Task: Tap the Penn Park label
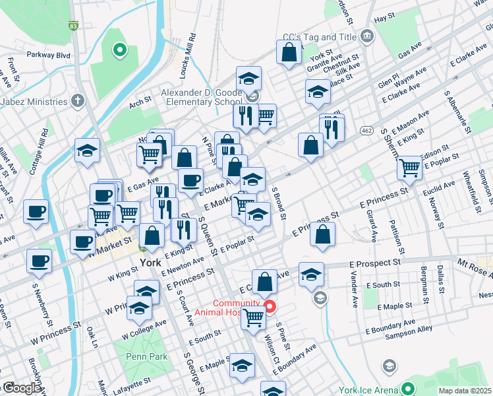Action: coord(143,356)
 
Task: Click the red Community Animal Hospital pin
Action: coord(270,307)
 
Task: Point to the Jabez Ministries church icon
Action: coord(78,102)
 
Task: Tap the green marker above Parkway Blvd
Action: coord(119,49)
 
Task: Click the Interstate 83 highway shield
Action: coord(73,26)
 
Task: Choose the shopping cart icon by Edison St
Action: coord(409,168)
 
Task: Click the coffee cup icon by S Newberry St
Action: coord(39,260)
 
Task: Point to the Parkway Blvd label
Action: coord(47,56)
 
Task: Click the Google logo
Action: coord(21,389)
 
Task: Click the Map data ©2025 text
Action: coord(465,391)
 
